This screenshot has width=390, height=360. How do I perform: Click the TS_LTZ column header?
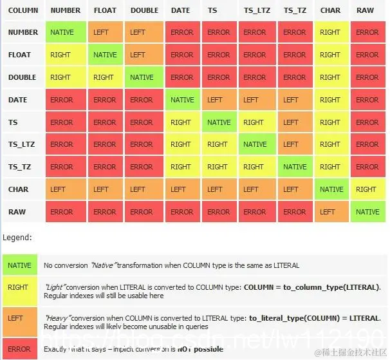[255, 10]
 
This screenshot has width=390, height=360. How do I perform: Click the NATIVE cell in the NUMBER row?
[62, 32]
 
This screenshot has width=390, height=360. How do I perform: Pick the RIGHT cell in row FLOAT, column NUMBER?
[62, 55]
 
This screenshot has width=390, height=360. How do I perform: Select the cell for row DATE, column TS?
[219, 100]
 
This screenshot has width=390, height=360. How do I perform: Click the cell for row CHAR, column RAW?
[367, 189]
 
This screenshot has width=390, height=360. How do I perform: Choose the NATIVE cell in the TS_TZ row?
[295, 167]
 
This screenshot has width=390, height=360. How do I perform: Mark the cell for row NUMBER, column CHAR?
[330, 32]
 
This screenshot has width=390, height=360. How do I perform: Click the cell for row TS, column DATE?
[182, 122]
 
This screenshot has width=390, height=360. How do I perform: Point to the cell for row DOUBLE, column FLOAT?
[104, 77]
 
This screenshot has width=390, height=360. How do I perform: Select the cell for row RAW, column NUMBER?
[62, 212]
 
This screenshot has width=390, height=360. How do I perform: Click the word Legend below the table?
[17, 238]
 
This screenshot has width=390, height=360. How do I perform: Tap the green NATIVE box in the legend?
[19, 265]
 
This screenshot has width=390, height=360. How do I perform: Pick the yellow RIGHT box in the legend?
[19, 290]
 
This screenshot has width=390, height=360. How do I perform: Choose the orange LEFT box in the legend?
[19, 318]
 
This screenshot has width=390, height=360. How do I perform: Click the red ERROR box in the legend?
[19, 348]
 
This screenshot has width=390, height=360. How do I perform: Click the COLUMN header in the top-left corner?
[23, 10]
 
